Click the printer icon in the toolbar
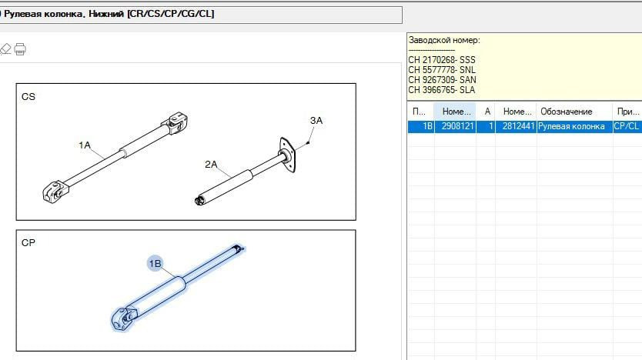pyautogui.click(x=20, y=49)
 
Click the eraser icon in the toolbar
pyautogui.click(x=5, y=49)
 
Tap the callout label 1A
pyautogui.click(x=85, y=145)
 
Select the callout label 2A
pyautogui.click(x=211, y=165)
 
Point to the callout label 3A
pyautogui.click(x=316, y=121)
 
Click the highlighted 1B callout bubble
pyautogui.click(x=155, y=263)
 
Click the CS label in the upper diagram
pyautogui.click(x=28, y=97)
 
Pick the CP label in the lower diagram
pyautogui.click(x=28, y=243)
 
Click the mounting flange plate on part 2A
pyautogui.click(x=287, y=155)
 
